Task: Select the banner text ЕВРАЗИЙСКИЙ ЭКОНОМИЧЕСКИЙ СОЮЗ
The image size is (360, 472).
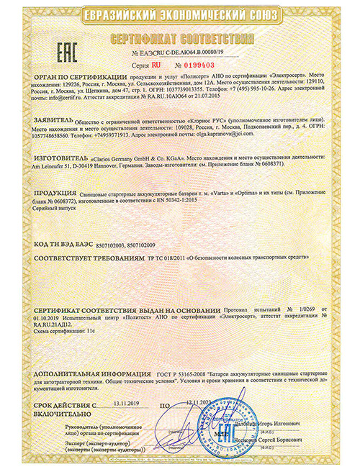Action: click(180, 15)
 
